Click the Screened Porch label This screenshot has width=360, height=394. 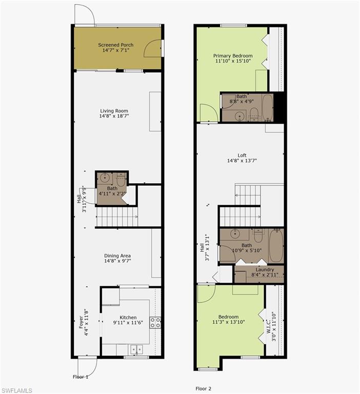tap(115, 45)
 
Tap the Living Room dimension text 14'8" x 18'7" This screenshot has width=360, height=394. tap(114, 116)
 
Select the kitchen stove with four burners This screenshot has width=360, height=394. tap(155, 323)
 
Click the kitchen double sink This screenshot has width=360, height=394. tap(136, 349)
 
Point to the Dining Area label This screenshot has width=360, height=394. tap(117, 255)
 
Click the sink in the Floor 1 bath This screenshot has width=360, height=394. tap(105, 178)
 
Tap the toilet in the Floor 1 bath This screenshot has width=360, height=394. tap(121, 179)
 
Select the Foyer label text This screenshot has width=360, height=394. tap(81, 322)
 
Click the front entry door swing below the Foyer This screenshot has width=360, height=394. tap(87, 367)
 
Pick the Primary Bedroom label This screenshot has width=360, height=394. tap(233, 55)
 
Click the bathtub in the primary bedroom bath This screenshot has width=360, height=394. tap(268, 108)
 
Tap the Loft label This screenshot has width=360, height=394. tap(242, 155)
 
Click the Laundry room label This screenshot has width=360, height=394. tap(265, 269)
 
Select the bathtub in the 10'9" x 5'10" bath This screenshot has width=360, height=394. tap(276, 246)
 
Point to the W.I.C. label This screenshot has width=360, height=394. tap(268, 326)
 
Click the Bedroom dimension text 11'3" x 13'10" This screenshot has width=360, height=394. tap(229, 322)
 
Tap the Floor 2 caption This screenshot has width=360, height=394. tap(203, 388)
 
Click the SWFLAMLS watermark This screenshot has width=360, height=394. tap(16, 390)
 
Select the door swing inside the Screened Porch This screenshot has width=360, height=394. tap(152, 48)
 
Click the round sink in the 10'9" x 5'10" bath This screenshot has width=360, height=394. tap(235, 234)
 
